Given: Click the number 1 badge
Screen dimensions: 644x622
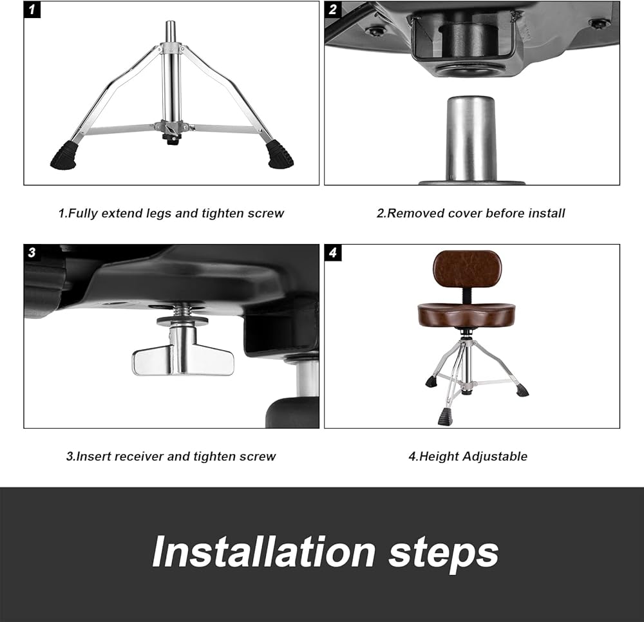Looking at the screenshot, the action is pyautogui.click(x=32, y=10).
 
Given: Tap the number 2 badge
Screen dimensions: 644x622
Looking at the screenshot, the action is pyautogui.click(x=333, y=10).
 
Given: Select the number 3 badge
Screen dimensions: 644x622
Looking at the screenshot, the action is pyautogui.click(x=32, y=252).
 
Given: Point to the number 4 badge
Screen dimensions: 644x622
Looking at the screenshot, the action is pyautogui.click(x=333, y=252).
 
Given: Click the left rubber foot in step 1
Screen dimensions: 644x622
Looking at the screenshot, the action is pyautogui.click(x=64, y=155).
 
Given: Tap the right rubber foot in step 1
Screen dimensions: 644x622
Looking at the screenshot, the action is pyautogui.click(x=281, y=155).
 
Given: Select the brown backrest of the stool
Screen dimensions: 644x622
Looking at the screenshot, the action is pyautogui.click(x=467, y=269).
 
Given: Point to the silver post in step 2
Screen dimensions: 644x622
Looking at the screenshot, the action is pyautogui.click(x=471, y=140).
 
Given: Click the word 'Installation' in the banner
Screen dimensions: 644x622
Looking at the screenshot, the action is pyautogui.click(x=263, y=552).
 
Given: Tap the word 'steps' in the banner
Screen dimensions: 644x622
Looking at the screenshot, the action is pyautogui.click(x=444, y=554).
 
